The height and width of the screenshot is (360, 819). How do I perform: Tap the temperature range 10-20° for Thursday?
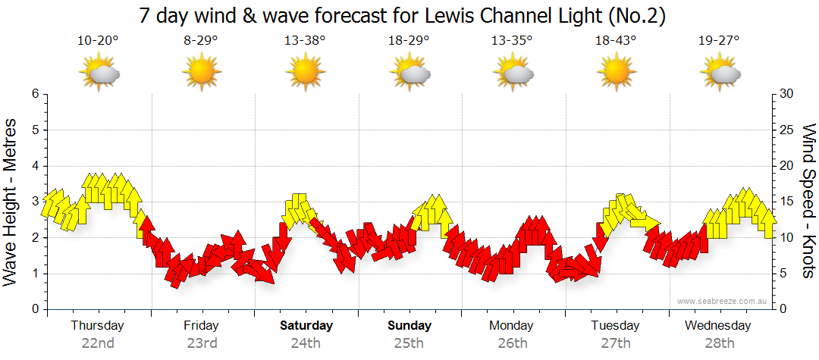click(x=98, y=41)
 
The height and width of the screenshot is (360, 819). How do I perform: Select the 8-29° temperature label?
click(x=201, y=41)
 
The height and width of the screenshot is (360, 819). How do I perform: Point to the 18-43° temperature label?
click(x=616, y=41)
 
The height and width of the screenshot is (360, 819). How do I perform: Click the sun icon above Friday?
click(x=201, y=74)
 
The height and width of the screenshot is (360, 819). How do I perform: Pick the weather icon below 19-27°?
click(x=720, y=74)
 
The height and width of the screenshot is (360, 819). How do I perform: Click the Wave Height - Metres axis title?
click(x=11, y=201)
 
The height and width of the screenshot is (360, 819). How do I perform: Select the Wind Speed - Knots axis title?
click(x=808, y=201)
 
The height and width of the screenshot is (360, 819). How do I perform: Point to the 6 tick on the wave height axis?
click(x=34, y=94)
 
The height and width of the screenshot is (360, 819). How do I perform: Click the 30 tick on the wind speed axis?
click(x=787, y=94)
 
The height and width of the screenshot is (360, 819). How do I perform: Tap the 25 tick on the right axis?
click(x=787, y=130)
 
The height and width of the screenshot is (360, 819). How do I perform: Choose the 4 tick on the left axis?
click(x=34, y=166)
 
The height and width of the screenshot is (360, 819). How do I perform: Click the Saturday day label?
click(x=306, y=326)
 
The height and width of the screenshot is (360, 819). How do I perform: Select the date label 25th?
click(x=409, y=343)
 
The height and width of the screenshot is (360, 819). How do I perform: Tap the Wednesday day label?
click(x=717, y=326)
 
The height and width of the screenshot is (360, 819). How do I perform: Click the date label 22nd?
click(x=98, y=343)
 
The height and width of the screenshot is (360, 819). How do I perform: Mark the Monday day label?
click(x=512, y=326)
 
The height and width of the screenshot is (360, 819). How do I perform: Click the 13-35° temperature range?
click(x=512, y=41)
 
